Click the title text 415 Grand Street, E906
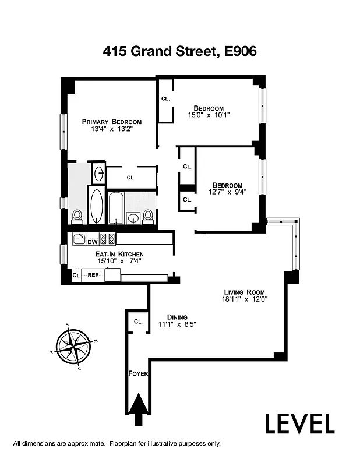pos(180,51)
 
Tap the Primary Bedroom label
pos(112,122)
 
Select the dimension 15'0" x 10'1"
pos(209,115)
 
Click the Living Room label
pos(245,292)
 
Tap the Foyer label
pos(139,373)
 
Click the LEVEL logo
pos(300,424)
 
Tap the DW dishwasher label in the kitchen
pos(92,242)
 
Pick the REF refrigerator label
pos(92,275)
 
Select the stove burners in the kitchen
pos(107,238)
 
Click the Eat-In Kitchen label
pos(119,254)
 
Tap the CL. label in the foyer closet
pos(138,322)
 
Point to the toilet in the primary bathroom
pos(77,216)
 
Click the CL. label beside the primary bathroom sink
pos(130,178)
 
